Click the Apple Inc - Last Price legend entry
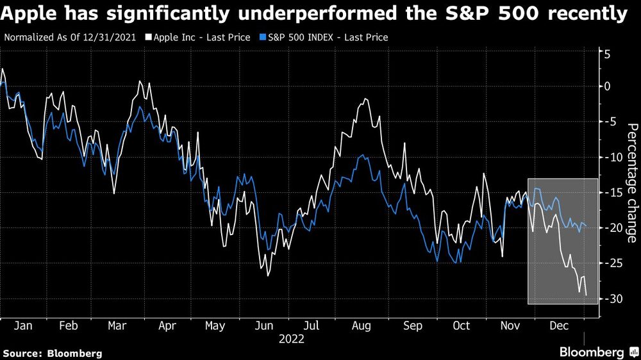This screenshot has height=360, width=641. click(197, 37)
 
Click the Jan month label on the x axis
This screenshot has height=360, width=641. click(23, 326)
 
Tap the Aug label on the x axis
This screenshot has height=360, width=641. click(362, 326)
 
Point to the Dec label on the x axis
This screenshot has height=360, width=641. click(559, 326)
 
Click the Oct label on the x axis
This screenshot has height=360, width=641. click(462, 326)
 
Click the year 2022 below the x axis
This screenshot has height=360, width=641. click(292, 340)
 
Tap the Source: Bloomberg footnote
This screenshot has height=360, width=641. click(53, 353)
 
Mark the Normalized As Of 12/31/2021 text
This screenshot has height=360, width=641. click(71, 37)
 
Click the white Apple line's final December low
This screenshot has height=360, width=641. click(586, 295)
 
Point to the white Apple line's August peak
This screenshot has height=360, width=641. click(365, 99)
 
